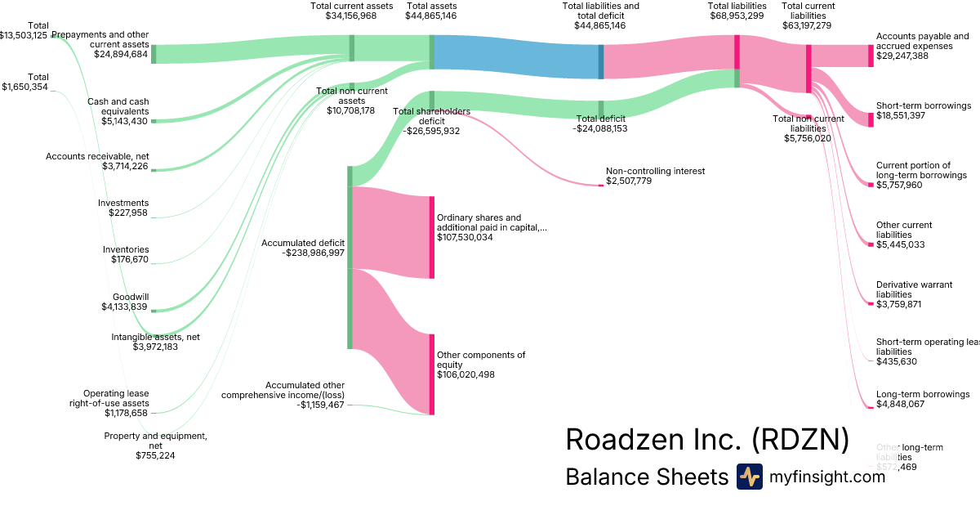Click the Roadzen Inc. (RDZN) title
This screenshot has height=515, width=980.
(x=707, y=439)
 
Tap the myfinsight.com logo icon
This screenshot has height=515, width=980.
(x=749, y=477)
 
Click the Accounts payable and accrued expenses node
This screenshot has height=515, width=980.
(x=871, y=56)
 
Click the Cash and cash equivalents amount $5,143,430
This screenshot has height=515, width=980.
(x=118, y=121)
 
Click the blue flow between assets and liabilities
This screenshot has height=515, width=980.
(x=516, y=56)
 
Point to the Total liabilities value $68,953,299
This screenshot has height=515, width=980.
(x=737, y=16)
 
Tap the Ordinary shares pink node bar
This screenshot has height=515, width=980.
(x=432, y=237)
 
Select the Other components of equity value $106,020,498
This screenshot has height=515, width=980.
(x=465, y=374)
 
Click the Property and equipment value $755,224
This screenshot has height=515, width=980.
(x=155, y=455)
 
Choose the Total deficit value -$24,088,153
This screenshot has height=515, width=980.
(x=600, y=128)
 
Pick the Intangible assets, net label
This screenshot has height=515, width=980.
(x=155, y=336)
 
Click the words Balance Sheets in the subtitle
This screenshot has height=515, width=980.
(x=646, y=477)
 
